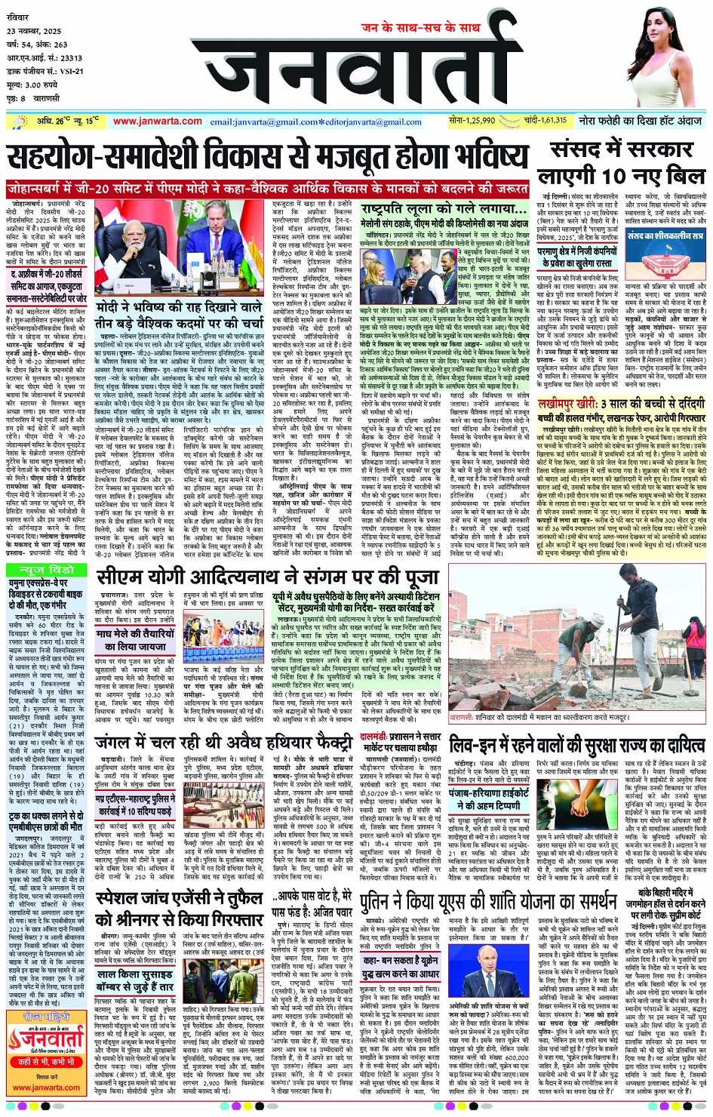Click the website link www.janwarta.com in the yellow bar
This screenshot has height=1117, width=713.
pyautogui.click(x=157, y=122)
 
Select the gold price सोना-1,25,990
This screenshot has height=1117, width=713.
pyautogui.click(x=472, y=121)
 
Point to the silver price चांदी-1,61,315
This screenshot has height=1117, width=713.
pyautogui.click(x=544, y=121)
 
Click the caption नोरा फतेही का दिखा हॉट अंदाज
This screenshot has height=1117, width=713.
pyautogui.click(x=640, y=121)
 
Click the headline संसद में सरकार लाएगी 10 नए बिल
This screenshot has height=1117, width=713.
pyautogui.click(x=622, y=163)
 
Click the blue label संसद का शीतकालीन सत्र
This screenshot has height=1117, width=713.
pyautogui.click(x=665, y=236)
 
